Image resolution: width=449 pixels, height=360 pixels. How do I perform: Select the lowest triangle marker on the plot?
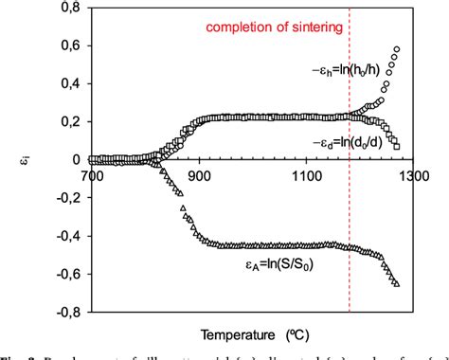397,283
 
